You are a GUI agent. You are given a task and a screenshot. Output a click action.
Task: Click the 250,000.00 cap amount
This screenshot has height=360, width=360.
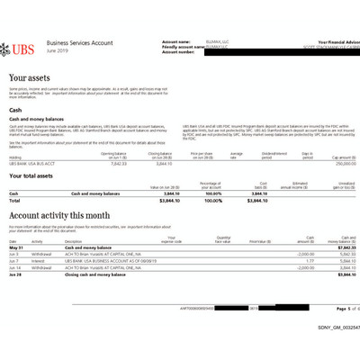[x=334, y=163]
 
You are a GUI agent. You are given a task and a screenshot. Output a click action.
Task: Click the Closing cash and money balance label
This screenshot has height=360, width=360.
[x=99, y=274]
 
